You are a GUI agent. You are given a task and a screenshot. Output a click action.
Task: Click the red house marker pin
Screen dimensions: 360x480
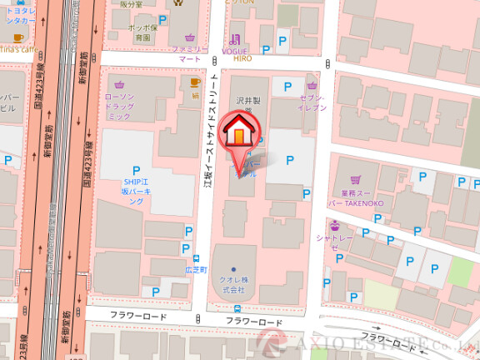pos(238,133)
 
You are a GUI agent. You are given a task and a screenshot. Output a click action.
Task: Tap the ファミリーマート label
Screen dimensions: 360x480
pos(190,55)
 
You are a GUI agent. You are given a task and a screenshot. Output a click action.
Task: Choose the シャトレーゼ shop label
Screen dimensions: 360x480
pos(334,242)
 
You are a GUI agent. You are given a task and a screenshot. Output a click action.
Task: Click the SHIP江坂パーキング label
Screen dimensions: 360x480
pos(137,192)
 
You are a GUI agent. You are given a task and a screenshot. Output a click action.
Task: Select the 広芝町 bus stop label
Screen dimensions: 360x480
pos(197,269)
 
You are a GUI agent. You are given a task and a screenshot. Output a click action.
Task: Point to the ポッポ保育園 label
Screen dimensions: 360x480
pos(142,32)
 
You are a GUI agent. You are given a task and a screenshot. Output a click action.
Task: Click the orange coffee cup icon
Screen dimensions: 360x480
pos(195,82)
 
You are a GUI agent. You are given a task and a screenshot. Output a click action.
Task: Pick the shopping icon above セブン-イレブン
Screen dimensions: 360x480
pos(312,84)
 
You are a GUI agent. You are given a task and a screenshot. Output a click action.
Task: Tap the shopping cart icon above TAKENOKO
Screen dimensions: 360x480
pos(356,179)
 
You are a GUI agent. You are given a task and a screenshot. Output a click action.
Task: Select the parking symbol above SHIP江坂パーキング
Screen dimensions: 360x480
pos(136,171)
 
